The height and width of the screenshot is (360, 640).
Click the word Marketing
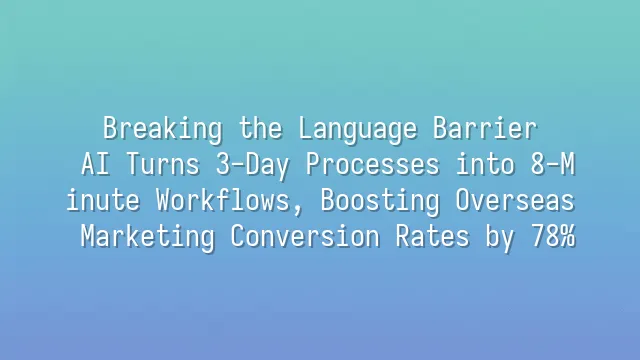tap(141, 238)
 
